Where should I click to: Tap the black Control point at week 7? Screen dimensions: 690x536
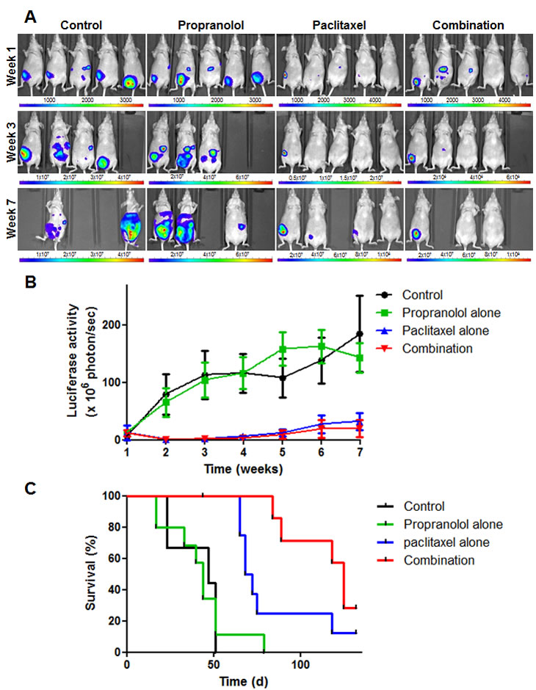[x=359, y=334]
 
